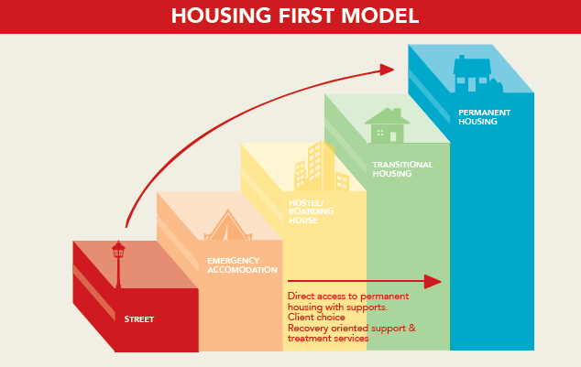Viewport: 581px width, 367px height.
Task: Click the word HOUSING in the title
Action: [x=218, y=16]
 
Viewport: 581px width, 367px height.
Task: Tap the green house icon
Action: [x=387, y=125]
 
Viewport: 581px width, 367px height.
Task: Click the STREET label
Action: [x=139, y=319]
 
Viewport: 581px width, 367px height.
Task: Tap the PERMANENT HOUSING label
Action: [x=484, y=117]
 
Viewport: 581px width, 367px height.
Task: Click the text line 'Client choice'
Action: [x=316, y=318]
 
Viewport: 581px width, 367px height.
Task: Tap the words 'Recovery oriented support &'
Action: [x=351, y=328]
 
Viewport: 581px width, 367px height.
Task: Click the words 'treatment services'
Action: [x=327, y=338]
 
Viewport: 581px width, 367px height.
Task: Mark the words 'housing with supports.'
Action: [x=329, y=307]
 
